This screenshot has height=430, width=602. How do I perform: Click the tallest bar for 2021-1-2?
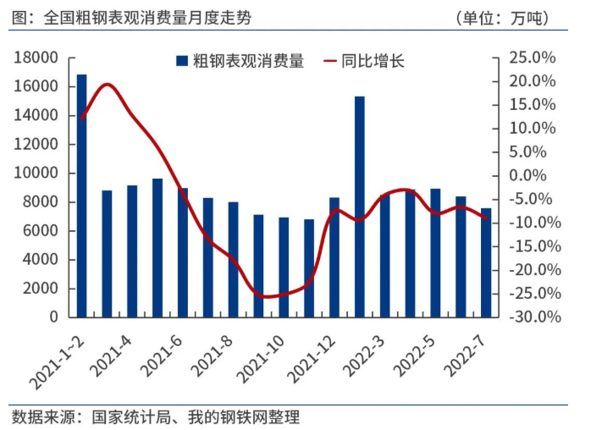[x=81, y=196]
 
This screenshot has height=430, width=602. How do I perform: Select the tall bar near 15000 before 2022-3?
[x=360, y=207]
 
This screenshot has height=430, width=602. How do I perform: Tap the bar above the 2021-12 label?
[x=334, y=257]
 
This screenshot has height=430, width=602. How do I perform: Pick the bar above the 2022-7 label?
[x=486, y=262]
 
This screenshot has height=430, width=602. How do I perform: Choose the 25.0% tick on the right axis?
[x=532, y=58]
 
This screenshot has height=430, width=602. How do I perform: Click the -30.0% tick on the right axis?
[x=530, y=317]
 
